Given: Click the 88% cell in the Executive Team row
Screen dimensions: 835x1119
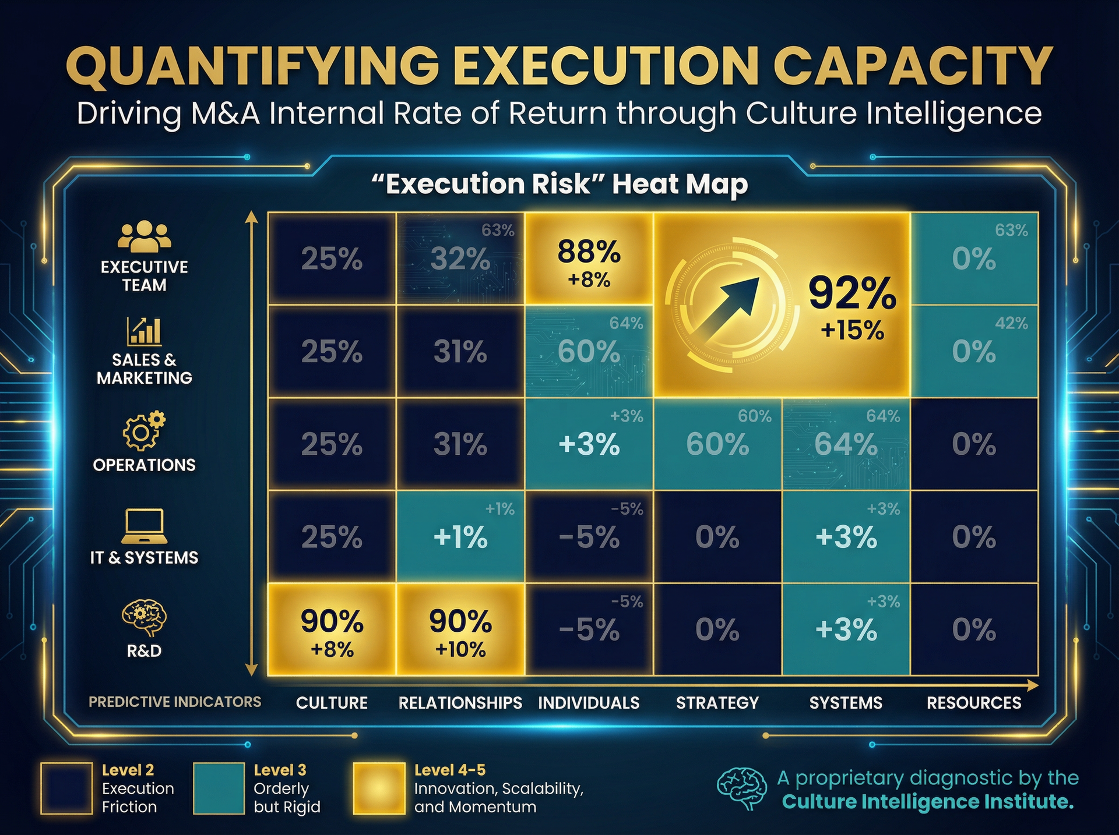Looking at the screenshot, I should click(589, 259).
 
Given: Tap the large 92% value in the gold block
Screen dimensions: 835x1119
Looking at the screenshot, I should click(852, 294).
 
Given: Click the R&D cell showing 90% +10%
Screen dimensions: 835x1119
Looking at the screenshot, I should click(460, 630).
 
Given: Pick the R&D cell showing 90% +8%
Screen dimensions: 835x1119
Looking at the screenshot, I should click(332, 630).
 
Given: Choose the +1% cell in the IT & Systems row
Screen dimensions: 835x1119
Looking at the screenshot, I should click(460, 537).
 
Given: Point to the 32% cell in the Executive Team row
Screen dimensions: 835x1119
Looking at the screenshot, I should click(460, 259).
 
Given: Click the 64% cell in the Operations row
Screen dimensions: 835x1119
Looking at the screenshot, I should click(846, 444).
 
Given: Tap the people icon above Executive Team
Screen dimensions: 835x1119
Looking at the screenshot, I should click(144, 236).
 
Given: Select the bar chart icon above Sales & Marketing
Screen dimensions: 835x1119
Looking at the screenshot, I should click(144, 331).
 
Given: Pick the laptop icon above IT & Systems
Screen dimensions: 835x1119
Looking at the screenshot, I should click(144, 526).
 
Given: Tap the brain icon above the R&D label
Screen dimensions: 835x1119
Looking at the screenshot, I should click(144, 618).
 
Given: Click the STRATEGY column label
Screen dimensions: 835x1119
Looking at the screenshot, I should click(717, 703).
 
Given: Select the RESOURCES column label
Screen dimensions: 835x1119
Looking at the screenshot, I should click(974, 703).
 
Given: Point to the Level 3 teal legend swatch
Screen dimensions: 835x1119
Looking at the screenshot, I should click(219, 788).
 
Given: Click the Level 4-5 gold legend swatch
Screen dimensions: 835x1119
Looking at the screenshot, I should click(379, 788).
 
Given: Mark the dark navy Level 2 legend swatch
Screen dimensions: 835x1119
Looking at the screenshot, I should click(66, 788).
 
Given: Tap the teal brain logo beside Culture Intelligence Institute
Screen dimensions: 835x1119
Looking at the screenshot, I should click(742, 789).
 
